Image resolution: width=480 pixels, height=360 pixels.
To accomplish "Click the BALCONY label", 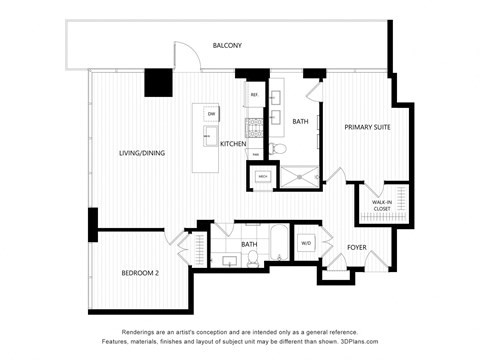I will point(227,45).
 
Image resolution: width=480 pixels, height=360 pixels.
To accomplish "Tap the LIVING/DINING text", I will point(142,153).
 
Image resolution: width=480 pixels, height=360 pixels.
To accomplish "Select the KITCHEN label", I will point(233,144).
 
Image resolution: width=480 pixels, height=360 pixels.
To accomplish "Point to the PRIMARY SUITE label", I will point(367,128).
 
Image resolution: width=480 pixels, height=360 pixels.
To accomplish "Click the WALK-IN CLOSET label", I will point(382,206).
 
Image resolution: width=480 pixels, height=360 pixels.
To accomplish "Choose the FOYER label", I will point(357,247).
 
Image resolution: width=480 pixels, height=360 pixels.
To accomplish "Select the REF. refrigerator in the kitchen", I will point(254,95).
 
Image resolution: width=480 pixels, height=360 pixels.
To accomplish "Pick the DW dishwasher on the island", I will point(212,115).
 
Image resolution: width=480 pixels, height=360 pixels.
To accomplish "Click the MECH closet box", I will point(262,176).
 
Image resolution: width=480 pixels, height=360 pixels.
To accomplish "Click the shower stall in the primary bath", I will point(297,175).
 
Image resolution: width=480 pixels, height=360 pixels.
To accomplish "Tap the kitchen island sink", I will point(211,137).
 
